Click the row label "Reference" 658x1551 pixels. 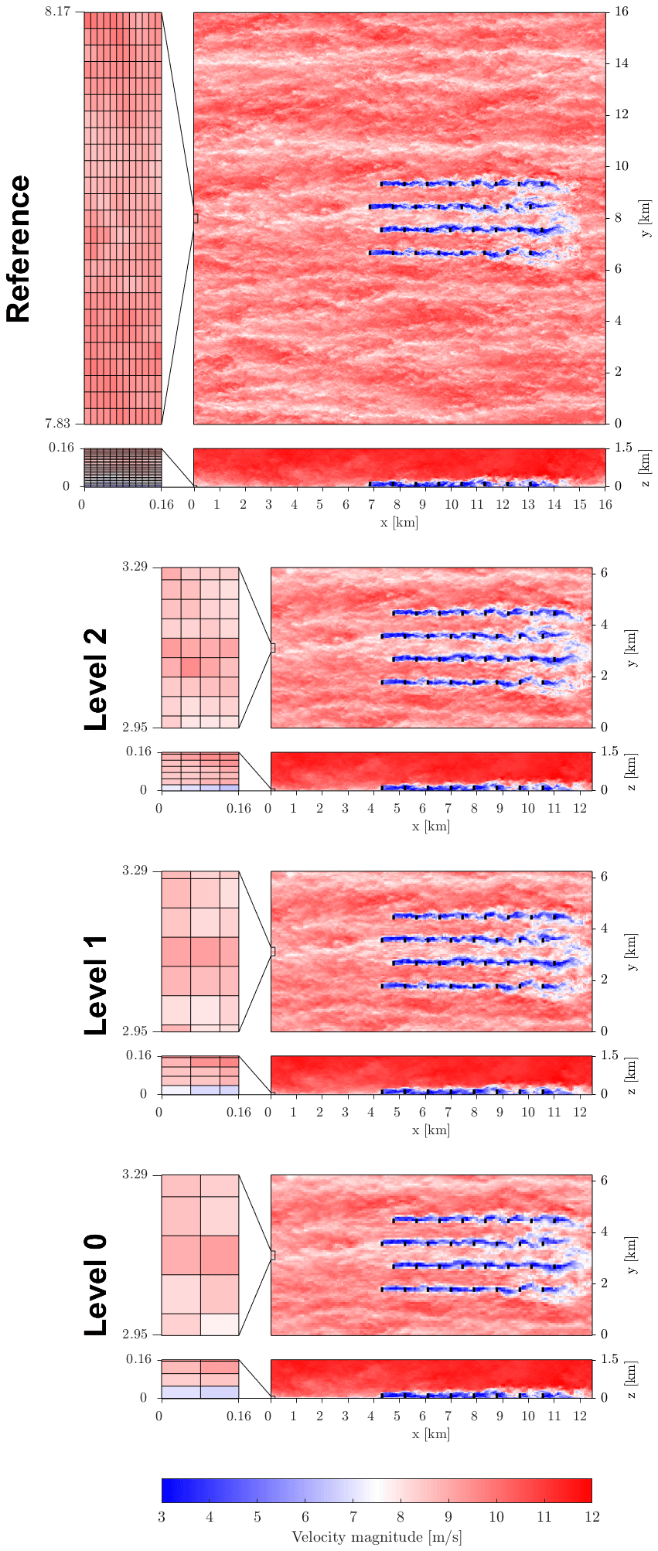(19, 249)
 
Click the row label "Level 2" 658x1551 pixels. (95, 679)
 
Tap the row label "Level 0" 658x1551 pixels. (95, 1285)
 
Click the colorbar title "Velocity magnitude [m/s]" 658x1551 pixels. (377, 1536)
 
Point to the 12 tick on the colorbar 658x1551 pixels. (592, 1517)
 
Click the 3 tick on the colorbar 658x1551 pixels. (162, 1517)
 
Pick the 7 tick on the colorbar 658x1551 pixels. (353, 1517)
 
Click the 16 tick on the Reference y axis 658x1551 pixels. (622, 12)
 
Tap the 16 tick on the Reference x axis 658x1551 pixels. (605, 505)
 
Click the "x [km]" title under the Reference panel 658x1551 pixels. (399, 523)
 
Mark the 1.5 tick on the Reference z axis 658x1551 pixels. (623, 448)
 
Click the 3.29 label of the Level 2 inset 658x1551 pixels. (135, 567)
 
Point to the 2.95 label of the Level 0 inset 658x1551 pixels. (135, 1335)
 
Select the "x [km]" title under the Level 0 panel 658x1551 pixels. (431, 1434)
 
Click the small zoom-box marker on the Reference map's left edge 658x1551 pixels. (196, 219)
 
